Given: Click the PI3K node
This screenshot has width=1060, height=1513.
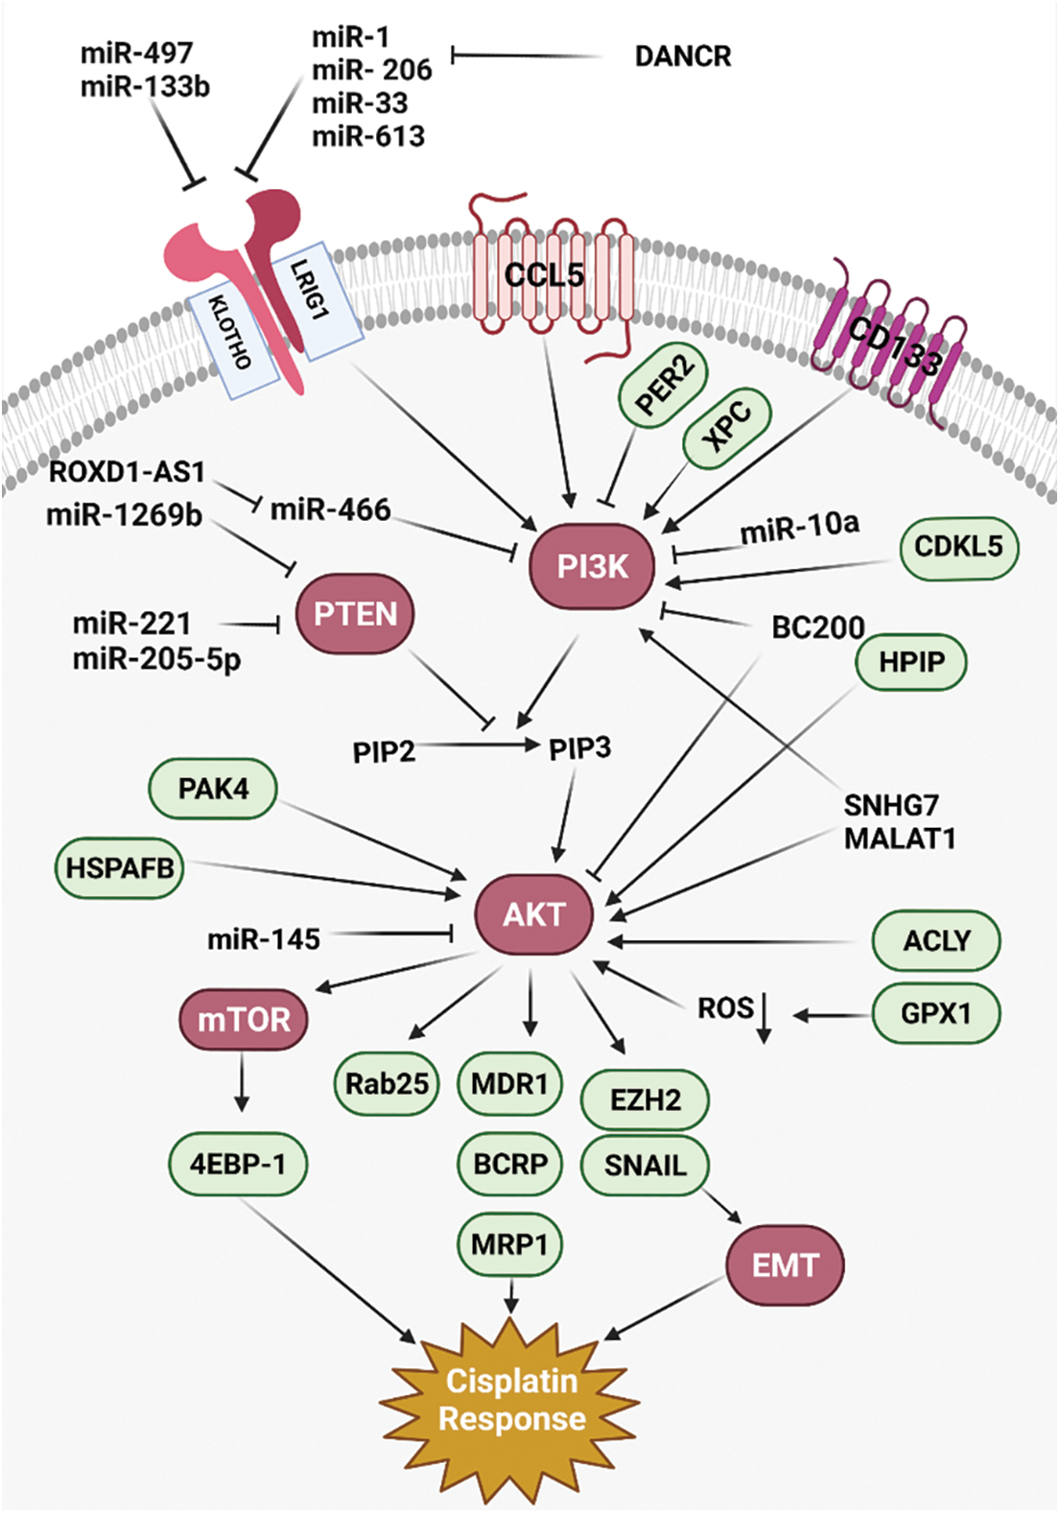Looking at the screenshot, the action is tap(592, 566).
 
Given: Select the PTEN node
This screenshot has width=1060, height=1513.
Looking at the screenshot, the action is tap(355, 613).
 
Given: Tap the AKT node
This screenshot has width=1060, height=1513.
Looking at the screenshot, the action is tap(534, 914).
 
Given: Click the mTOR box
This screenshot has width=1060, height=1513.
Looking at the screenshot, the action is tap(243, 1019).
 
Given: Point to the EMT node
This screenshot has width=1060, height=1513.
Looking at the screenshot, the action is tap(786, 1265).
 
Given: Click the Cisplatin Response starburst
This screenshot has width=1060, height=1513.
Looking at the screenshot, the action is tap(511, 1400).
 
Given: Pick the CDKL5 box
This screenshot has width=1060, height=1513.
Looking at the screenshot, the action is tap(958, 548).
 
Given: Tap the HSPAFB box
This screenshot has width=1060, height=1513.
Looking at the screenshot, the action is tap(119, 868).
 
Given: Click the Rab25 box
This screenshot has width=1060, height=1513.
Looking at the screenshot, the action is tap(387, 1083).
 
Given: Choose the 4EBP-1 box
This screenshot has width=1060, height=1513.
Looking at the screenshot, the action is tap(238, 1163).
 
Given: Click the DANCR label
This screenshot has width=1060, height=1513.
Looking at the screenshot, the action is tap(683, 57).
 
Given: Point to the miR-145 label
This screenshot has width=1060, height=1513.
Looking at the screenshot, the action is tap(263, 939).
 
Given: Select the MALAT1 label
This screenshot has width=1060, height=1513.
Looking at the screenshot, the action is tap(900, 839).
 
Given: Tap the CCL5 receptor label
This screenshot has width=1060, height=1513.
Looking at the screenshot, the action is tap(544, 275).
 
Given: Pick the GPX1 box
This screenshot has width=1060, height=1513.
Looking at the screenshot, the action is tap(935, 1013).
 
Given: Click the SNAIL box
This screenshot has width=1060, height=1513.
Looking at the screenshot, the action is tap(645, 1165).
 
